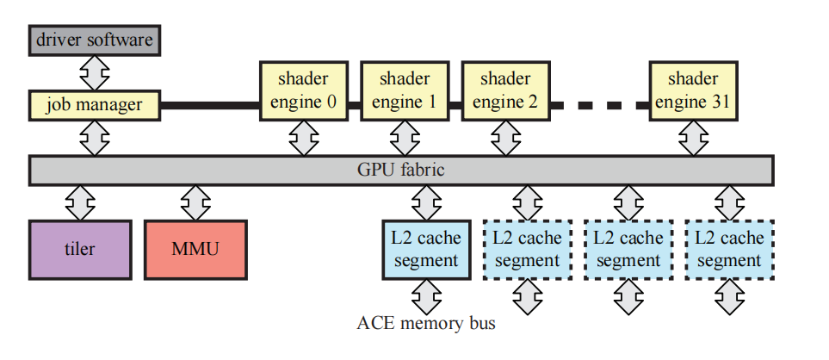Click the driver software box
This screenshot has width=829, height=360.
(95, 40)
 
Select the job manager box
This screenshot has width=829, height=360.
(95, 105)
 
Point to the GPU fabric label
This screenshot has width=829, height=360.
(400, 170)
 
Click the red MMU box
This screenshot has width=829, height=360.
(195, 250)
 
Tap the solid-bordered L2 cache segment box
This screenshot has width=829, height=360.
(426, 249)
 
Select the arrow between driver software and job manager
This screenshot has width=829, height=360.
(95, 72)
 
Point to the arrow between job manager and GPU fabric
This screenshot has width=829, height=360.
(95, 137)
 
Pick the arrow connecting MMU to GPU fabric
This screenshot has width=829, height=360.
(195, 202)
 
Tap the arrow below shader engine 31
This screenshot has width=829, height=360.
(693, 138)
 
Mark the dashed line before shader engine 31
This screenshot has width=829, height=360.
(600, 105)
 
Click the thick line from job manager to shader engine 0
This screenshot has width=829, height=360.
(211, 105)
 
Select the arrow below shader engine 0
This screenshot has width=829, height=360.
(303, 138)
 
